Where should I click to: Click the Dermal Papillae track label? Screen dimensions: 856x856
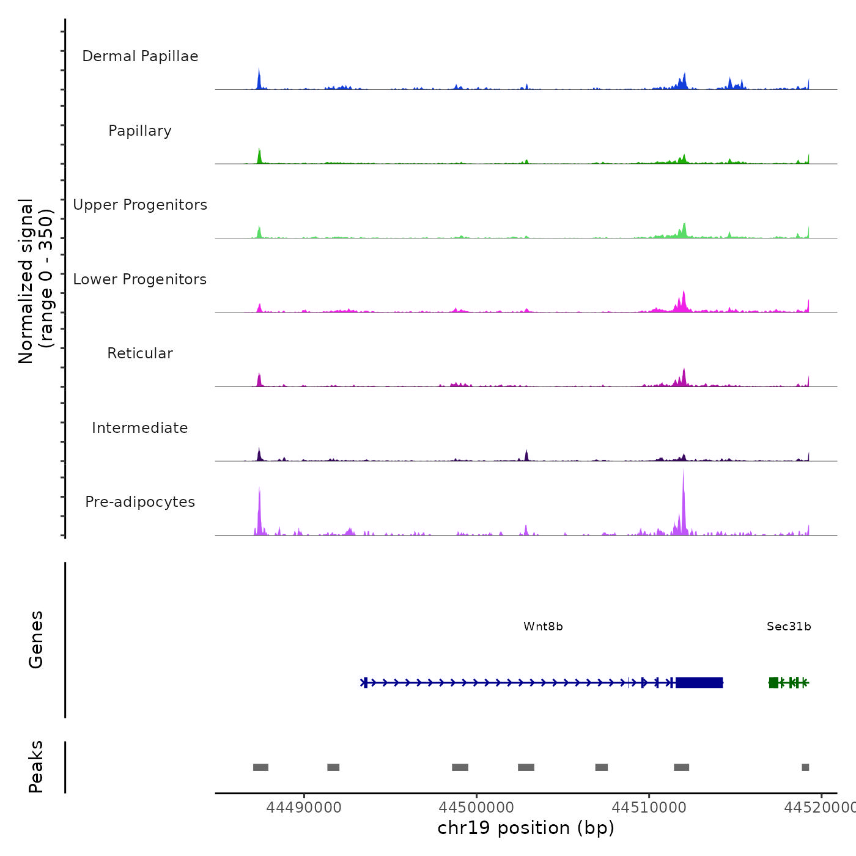coord(140,56)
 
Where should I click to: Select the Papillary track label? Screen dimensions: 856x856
coord(140,131)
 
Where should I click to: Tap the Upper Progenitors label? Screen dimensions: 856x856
coord(140,205)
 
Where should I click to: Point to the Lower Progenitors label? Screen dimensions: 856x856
coord(140,279)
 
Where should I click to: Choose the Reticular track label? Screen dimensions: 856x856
coord(140,353)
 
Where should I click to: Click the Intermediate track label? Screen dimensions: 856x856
coord(140,428)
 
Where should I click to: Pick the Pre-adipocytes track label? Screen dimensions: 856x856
coord(140,502)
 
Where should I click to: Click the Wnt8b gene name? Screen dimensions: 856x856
coord(543,627)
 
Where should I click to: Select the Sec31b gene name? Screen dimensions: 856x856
coord(789,627)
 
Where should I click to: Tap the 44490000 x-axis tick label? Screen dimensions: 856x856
coord(304,808)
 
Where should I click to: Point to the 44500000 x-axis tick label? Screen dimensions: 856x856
coord(476,808)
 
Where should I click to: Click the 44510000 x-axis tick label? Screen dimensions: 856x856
coord(649,808)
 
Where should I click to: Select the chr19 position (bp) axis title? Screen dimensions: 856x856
coord(526,828)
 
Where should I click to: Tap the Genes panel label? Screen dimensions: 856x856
coord(36,640)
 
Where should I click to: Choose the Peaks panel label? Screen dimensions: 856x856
coord(36,767)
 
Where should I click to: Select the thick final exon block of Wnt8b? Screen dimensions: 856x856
coord(699,682)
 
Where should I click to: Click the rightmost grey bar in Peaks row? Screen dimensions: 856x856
coord(805,767)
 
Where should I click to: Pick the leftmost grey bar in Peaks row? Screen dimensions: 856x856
coord(260,767)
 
